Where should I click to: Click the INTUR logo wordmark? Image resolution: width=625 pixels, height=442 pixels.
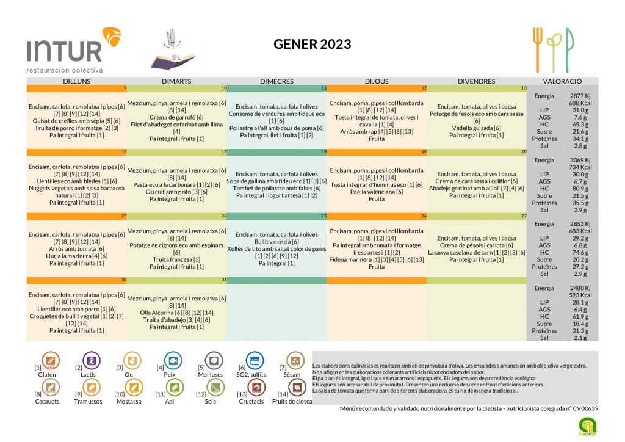64,50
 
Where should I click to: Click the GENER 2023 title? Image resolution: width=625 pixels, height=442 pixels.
312,44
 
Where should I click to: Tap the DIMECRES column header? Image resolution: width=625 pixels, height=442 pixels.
276,81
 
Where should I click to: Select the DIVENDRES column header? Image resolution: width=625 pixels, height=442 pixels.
477,81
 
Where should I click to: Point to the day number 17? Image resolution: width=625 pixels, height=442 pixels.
224,151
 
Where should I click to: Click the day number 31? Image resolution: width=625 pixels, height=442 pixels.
224,280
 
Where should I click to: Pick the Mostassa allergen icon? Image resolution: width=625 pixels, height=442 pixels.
132,387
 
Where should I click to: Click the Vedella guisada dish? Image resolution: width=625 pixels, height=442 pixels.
476,128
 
